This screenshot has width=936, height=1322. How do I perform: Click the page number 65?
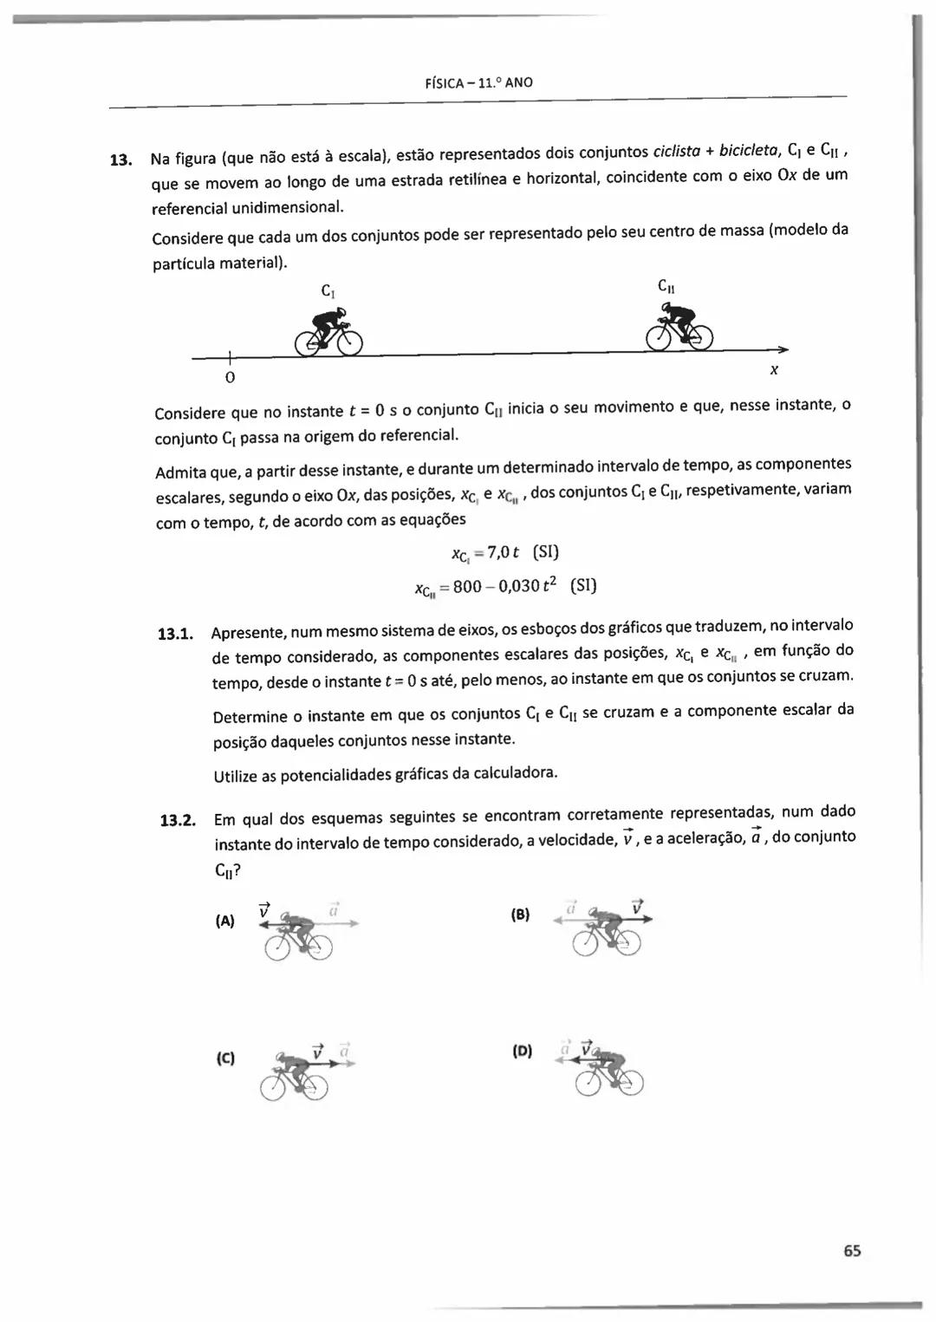(851, 1251)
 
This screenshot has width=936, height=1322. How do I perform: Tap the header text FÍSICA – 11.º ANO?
(479, 83)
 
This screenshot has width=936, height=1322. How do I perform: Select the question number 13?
(120, 160)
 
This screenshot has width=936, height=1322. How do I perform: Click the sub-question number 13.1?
(174, 634)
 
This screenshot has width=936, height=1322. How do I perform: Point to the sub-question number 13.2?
(177, 820)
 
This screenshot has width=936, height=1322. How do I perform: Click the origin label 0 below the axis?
(230, 379)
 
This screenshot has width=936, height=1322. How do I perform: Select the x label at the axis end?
(774, 370)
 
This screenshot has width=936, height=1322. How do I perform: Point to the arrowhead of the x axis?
(783, 348)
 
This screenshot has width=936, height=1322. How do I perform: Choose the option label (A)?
(224, 921)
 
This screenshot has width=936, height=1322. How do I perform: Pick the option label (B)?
(520, 915)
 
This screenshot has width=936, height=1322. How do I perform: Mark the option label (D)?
(522, 1052)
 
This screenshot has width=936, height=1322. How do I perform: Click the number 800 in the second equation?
(466, 587)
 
